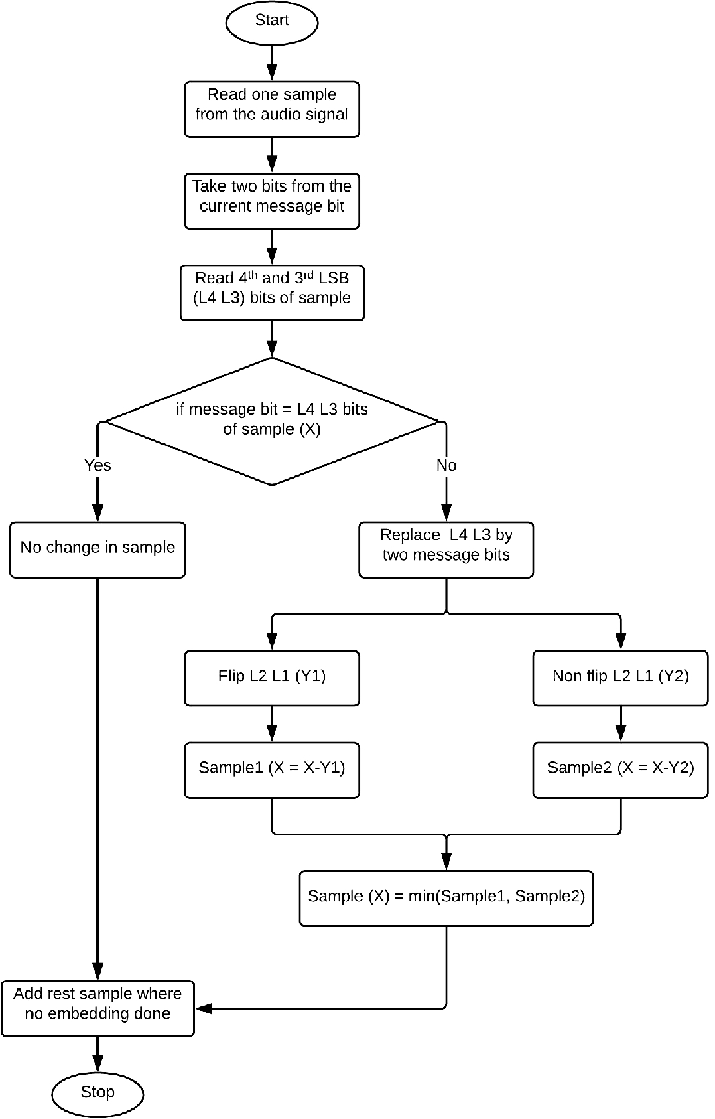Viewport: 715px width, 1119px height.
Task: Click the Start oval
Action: pos(271,21)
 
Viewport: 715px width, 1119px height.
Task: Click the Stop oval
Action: pos(97,1093)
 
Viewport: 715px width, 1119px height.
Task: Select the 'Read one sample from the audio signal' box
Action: pos(271,109)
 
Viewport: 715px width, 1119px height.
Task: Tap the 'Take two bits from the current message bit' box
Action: pos(271,201)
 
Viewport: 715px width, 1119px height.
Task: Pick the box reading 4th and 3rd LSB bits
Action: pos(271,293)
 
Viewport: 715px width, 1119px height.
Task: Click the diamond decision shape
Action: pos(271,421)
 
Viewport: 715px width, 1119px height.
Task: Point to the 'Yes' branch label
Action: pos(97,465)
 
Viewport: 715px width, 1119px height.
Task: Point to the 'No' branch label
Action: pos(446,465)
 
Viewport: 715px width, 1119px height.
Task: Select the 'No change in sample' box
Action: pos(97,549)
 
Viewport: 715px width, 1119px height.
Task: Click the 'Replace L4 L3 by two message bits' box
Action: pos(446,549)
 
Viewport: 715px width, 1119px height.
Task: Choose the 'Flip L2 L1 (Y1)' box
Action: pos(271,677)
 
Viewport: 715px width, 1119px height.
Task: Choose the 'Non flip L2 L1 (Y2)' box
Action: pos(620,677)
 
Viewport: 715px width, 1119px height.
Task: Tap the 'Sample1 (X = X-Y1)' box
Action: pos(271,769)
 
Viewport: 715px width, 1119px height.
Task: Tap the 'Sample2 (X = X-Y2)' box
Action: pos(620,769)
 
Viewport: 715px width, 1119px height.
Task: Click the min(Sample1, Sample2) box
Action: pos(446,897)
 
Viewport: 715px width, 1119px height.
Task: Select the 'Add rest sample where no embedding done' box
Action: pos(97,1008)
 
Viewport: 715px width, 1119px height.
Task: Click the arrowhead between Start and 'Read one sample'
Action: pos(271,72)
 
